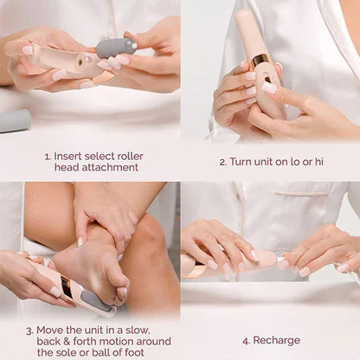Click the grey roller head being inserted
point(116,48)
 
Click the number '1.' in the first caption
point(48,157)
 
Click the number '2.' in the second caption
point(223,162)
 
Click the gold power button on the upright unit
point(260,60)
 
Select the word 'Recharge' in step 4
point(276,339)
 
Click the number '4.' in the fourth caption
point(247,339)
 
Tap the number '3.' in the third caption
point(30,330)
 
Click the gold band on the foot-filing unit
point(67,286)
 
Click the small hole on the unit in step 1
point(79,62)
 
